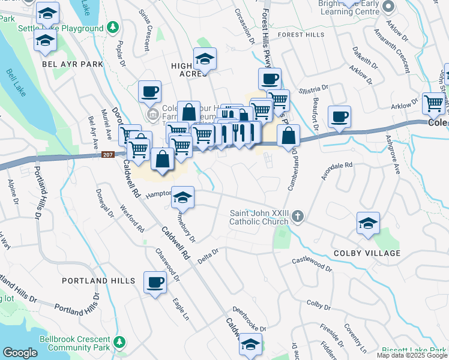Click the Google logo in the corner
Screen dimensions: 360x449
click(20, 353)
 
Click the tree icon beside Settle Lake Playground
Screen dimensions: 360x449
click(112, 28)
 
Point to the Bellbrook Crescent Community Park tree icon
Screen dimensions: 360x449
click(119, 343)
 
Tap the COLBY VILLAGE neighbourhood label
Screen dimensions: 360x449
click(367, 253)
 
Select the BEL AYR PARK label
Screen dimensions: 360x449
click(72, 64)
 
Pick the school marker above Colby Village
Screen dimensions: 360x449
click(368, 223)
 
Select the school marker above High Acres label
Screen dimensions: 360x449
click(205, 59)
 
